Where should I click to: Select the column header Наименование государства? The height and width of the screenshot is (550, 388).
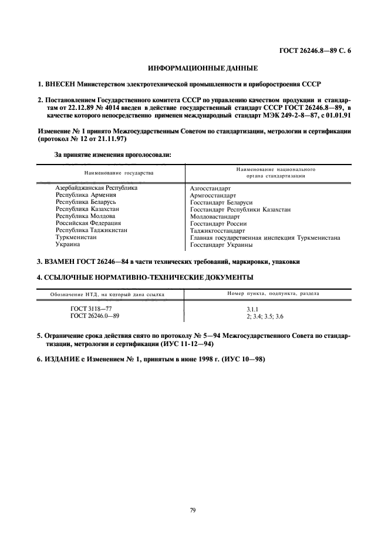coord(118,173)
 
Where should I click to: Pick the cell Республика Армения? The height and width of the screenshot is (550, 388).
coord(86,194)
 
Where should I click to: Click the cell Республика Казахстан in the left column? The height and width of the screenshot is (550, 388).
coord(87,209)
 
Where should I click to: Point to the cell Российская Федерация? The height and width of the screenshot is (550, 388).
coord(88,223)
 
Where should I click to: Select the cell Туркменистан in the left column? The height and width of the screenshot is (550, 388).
coord(76,237)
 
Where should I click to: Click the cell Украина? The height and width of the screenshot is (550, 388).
coord(68,244)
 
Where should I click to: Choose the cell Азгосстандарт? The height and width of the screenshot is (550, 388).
coord(211,189)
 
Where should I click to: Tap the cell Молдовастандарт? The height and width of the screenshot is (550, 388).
coord(215,216)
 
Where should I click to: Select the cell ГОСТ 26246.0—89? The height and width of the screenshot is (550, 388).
coord(94,316)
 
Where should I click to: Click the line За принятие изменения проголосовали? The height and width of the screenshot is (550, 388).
coord(113,155)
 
